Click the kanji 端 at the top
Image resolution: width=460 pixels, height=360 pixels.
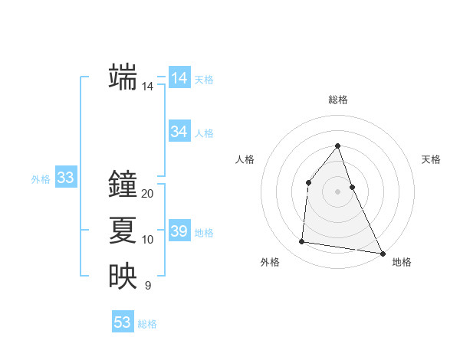123,77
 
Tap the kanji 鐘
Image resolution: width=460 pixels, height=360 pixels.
123,185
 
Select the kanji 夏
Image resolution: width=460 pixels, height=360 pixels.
123,231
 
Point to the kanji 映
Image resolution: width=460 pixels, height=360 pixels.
123,277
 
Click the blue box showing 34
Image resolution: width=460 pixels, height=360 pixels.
179,132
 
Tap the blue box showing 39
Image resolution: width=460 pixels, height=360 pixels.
179,231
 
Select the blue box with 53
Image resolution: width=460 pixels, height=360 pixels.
123,322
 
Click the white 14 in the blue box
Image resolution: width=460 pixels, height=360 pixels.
179,78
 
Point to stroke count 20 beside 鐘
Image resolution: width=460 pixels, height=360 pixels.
148,194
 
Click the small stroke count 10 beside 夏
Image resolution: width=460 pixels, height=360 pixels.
148,240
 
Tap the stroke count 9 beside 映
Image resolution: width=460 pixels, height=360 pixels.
148,286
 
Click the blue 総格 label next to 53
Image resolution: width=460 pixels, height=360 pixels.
147,324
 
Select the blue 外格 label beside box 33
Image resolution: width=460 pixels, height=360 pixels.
41,179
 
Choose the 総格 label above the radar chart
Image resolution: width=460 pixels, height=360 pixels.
337,100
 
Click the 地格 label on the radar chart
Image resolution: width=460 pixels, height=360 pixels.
402,263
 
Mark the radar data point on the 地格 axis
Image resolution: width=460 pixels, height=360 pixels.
382,253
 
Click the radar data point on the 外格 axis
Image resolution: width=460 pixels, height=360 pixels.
302,242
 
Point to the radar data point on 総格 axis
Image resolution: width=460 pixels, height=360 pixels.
337,146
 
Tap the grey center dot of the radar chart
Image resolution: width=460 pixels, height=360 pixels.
337,191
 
